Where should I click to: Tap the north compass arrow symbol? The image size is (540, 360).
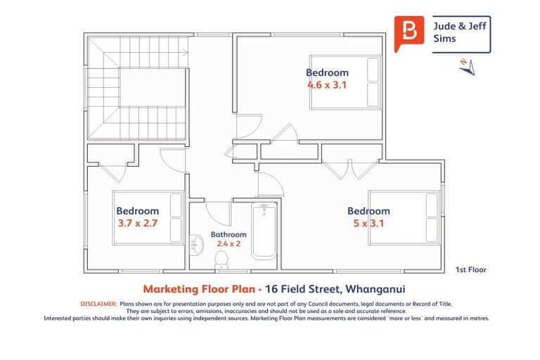(x=467, y=65)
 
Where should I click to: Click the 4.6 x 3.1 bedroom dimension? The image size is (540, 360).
(x=327, y=84)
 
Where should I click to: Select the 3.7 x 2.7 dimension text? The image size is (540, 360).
(x=137, y=224)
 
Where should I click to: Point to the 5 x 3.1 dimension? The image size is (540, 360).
(x=368, y=224)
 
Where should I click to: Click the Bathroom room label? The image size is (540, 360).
(x=229, y=234)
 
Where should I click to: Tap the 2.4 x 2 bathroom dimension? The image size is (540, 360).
(x=229, y=244)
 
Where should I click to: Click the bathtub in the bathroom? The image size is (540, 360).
(x=264, y=230)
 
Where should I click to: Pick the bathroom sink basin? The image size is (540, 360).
(x=197, y=246)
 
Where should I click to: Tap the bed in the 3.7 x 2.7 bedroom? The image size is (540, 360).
(x=148, y=217)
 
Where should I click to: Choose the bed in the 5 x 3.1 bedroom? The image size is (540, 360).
(x=404, y=217)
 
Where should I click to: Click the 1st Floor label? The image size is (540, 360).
(x=470, y=269)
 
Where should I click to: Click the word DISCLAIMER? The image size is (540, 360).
(x=98, y=304)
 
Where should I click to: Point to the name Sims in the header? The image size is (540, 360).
(x=444, y=39)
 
